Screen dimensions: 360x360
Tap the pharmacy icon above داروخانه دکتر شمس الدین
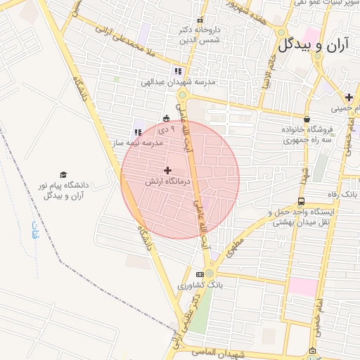tap(200, 20)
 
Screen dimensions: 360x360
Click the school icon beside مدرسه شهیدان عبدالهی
tap(178, 71)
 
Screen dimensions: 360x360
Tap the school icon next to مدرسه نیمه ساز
tap(138, 132)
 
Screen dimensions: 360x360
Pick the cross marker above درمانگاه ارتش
tap(167, 170)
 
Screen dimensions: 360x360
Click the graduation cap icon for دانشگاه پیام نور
tap(63, 174)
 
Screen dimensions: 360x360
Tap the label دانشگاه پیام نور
tap(64, 190)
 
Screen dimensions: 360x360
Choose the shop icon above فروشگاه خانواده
tap(307, 120)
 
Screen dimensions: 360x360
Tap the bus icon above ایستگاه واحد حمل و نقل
tap(302, 202)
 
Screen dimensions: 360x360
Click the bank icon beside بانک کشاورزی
tap(200, 274)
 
